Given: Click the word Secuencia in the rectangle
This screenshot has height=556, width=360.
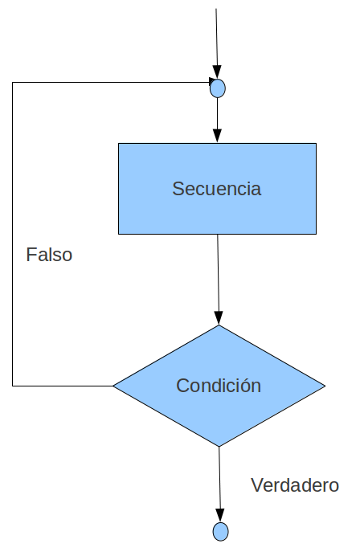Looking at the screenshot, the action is coord(217,189).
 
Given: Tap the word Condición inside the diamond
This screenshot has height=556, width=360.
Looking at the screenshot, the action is coord(219,386).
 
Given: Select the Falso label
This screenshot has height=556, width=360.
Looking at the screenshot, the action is coord(49,255).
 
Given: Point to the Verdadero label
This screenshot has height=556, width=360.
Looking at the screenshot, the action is coord(295,485).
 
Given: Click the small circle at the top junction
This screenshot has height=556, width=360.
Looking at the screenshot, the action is coord(218,88).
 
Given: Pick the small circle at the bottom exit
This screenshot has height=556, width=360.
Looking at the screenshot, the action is coord(221,532).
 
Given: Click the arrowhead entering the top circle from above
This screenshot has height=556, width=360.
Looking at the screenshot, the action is coord(217,72).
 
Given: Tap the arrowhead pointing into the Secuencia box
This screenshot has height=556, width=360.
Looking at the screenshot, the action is coord(218,136).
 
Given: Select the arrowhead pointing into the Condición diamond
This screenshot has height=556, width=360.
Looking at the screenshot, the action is coord(219,318).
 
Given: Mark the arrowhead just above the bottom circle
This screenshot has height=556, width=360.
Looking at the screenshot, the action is coord(220,516).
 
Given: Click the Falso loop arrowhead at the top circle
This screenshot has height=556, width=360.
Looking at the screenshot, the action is coord(212,81).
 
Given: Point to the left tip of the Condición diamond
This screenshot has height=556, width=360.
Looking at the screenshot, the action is coord(113,386).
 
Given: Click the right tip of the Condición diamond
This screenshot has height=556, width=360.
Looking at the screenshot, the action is coord(325,386).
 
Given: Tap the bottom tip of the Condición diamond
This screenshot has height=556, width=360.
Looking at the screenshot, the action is coord(219,447).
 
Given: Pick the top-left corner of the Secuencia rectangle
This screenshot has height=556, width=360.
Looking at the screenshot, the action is coord(118,144).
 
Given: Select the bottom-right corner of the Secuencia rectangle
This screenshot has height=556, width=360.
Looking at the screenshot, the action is coord(316,234).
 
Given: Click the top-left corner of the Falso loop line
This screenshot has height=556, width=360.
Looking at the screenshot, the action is coord(12,82).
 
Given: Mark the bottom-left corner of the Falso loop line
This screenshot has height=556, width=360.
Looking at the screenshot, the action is coord(12,386).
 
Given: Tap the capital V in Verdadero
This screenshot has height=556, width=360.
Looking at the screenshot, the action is coord(257,485).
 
